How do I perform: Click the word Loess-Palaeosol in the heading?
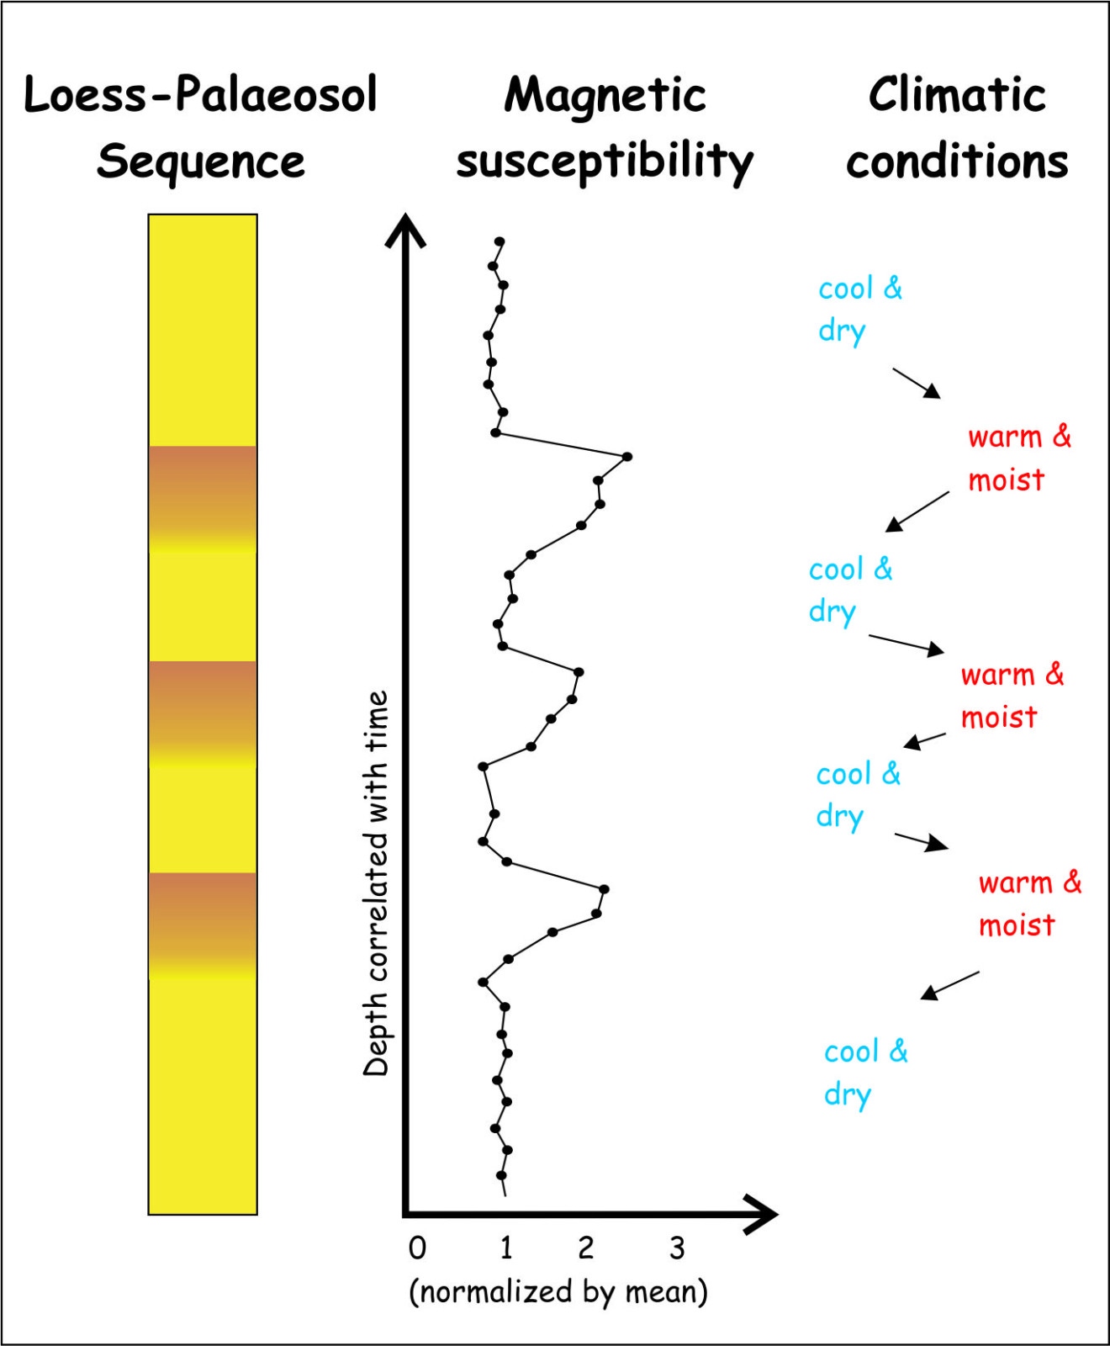(200, 94)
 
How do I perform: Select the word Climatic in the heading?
(957, 94)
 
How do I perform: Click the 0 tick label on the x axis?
(417, 1248)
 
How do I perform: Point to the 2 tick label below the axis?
(586, 1248)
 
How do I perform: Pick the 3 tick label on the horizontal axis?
(677, 1248)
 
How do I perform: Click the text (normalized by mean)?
(558, 1291)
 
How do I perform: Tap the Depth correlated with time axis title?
(376, 883)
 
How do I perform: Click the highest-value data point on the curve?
(627, 457)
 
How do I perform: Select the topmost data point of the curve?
(499, 241)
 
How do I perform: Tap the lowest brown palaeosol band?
(203, 924)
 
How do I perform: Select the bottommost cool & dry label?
(866, 1073)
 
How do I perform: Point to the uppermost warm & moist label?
(1019, 458)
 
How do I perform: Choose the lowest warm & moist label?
(1030, 904)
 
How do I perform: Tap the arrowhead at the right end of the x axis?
(762, 1214)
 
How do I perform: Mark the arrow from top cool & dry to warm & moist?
(917, 383)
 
